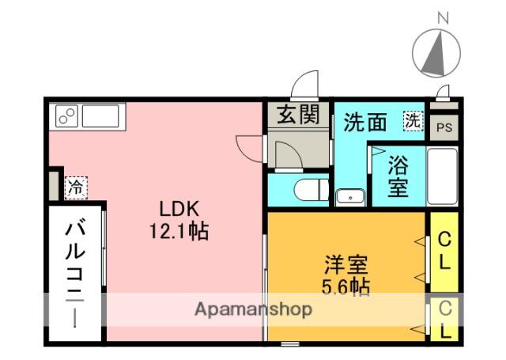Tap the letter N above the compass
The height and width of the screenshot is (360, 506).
(443, 17)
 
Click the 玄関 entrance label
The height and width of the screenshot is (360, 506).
(298, 115)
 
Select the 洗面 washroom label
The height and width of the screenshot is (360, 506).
(365, 123)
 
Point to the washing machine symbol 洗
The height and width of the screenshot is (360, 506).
(412, 121)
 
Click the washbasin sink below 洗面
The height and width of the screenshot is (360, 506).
(349, 197)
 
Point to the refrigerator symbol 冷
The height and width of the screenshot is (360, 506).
(75, 188)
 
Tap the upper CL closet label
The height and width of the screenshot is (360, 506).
(445, 250)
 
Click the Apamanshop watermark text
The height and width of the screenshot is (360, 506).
(253, 309)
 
